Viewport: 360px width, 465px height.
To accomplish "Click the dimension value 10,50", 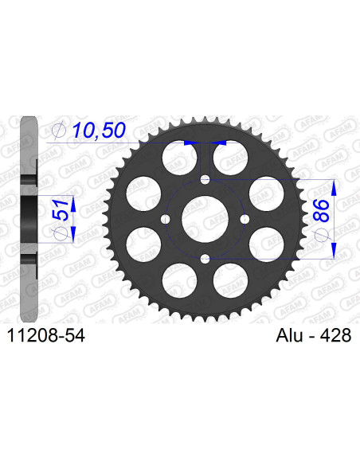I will [x=97, y=131].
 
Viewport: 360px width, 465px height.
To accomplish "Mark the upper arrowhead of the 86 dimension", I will [x=335, y=186].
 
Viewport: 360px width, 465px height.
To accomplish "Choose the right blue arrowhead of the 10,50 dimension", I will [x=221, y=143].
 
